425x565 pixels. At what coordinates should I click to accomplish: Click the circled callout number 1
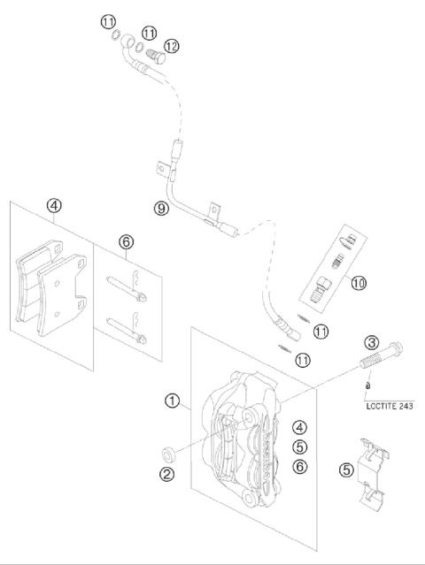click(x=172, y=401)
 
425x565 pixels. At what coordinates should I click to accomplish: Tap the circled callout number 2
click(x=166, y=473)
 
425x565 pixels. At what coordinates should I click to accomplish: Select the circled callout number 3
click(x=372, y=342)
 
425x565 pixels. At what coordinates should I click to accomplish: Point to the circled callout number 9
click(x=161, y=209)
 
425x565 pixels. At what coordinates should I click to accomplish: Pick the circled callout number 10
click(x=359, y=283)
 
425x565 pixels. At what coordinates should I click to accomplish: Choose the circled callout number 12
click(x=172, y=46)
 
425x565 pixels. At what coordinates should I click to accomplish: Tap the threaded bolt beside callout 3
click(x=381, y=355)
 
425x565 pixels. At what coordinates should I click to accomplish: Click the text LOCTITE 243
click(x=390, y=406)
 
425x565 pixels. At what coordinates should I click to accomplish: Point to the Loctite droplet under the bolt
click(x=367, y=386)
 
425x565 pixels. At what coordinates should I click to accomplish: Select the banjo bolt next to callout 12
click(x=156, y=56)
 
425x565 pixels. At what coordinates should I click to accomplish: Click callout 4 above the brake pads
click(x=54, y=206)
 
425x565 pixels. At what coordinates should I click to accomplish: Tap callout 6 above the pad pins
click(x=127, y=241)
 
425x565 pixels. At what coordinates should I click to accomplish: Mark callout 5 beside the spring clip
click(x=346, y=470)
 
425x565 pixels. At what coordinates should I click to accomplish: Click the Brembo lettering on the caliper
click(x=267, y=457)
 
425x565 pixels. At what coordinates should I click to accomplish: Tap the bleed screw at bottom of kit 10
click(x=318, y=290)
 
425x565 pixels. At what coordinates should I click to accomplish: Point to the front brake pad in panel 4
click(x=62, y=294)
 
